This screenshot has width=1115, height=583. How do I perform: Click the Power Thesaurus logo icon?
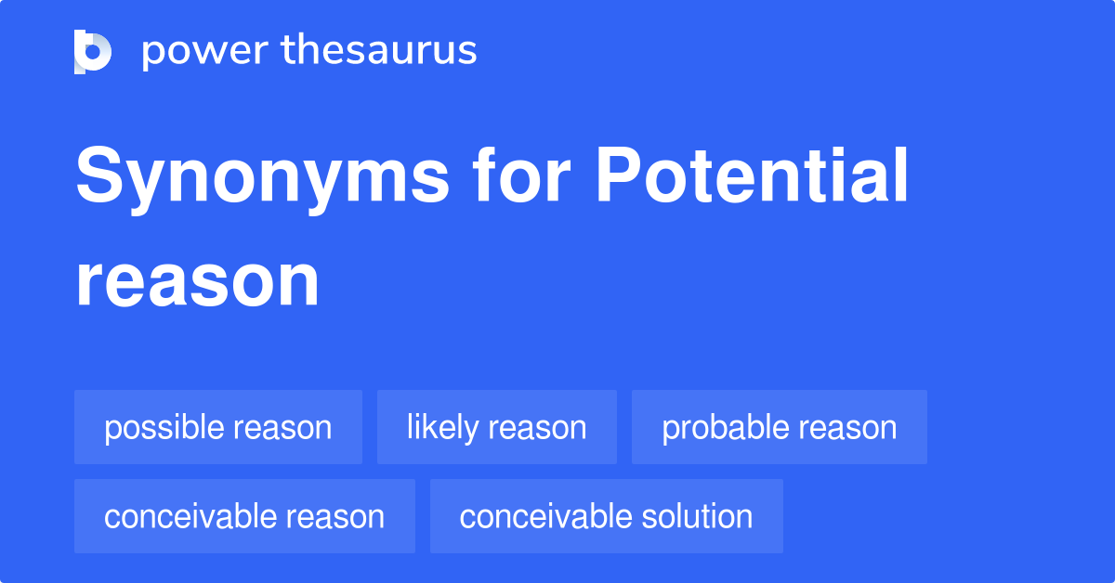point(93,51)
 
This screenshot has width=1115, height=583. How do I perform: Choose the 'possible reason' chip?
point(218,427)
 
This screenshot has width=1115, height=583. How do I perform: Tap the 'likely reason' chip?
point(497,427)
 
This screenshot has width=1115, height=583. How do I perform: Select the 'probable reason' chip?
point(780,427)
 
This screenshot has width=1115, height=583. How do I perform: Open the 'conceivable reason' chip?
point(244,516)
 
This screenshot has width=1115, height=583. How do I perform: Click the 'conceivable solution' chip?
point(606,516)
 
